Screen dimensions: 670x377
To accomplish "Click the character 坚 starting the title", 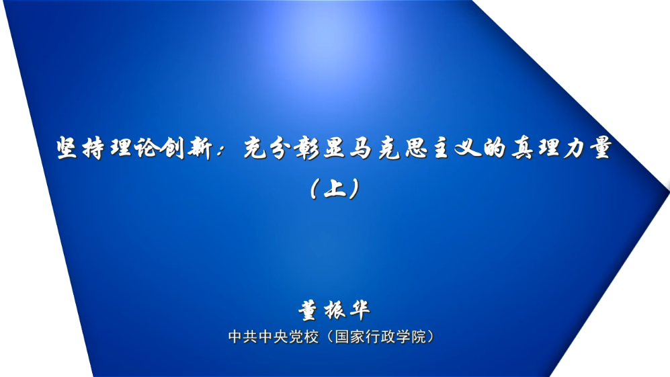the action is (67, 149).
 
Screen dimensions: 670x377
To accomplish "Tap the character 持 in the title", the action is (93, 149).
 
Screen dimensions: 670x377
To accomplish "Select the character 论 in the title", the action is (146, 149).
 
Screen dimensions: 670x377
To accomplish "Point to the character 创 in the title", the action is (173, 149).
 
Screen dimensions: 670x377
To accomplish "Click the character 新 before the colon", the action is (200, 149).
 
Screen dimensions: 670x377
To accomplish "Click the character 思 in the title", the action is (415, 149).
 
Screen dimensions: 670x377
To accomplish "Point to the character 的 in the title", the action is (495, 149).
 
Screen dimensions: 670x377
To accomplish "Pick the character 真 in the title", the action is (522, 149).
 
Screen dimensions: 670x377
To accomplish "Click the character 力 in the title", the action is (575, 149).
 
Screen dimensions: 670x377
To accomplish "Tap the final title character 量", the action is (601, 149).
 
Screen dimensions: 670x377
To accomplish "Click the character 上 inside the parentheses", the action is (335, 188).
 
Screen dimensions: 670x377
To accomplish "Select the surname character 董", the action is (308, 310).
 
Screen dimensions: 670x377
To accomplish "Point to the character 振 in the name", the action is (334, 310).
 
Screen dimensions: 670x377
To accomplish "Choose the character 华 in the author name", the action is (360, 310).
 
